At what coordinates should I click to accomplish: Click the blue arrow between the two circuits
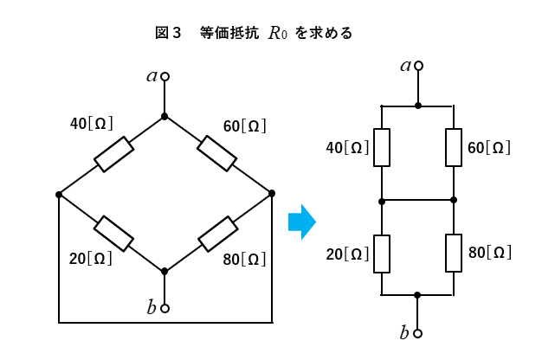click(301, 222)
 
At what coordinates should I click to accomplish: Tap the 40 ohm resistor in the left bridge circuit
click(113, 154)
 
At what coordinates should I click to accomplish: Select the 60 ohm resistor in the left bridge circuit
click(216, 153)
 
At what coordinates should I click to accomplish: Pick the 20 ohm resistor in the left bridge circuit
click(113, 232)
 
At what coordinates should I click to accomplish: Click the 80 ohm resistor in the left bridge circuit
click(217, 233)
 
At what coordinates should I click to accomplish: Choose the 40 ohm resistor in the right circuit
click(382, 147)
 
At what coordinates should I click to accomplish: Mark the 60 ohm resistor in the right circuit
click(454, 147)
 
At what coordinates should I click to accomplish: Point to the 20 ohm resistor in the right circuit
click(382, 254)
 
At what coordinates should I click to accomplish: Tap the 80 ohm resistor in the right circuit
click(454, 253)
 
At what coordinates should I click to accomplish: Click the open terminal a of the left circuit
click(165, 77)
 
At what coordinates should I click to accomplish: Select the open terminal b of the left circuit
click(165, 308)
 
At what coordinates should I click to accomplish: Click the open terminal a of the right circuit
click(418, 66)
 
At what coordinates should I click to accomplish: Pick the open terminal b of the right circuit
click(417, 332)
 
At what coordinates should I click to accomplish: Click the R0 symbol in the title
click(277, 34)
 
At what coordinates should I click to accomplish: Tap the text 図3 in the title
click(167, 33)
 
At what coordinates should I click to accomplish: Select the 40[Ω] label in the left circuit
click(91, 124)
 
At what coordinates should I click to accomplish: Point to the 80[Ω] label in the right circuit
click(489, 253)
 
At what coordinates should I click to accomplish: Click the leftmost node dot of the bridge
click(59, 194)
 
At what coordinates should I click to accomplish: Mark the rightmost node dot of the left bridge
click(271, 193)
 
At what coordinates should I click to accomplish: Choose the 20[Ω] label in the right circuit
click(347, 254)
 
